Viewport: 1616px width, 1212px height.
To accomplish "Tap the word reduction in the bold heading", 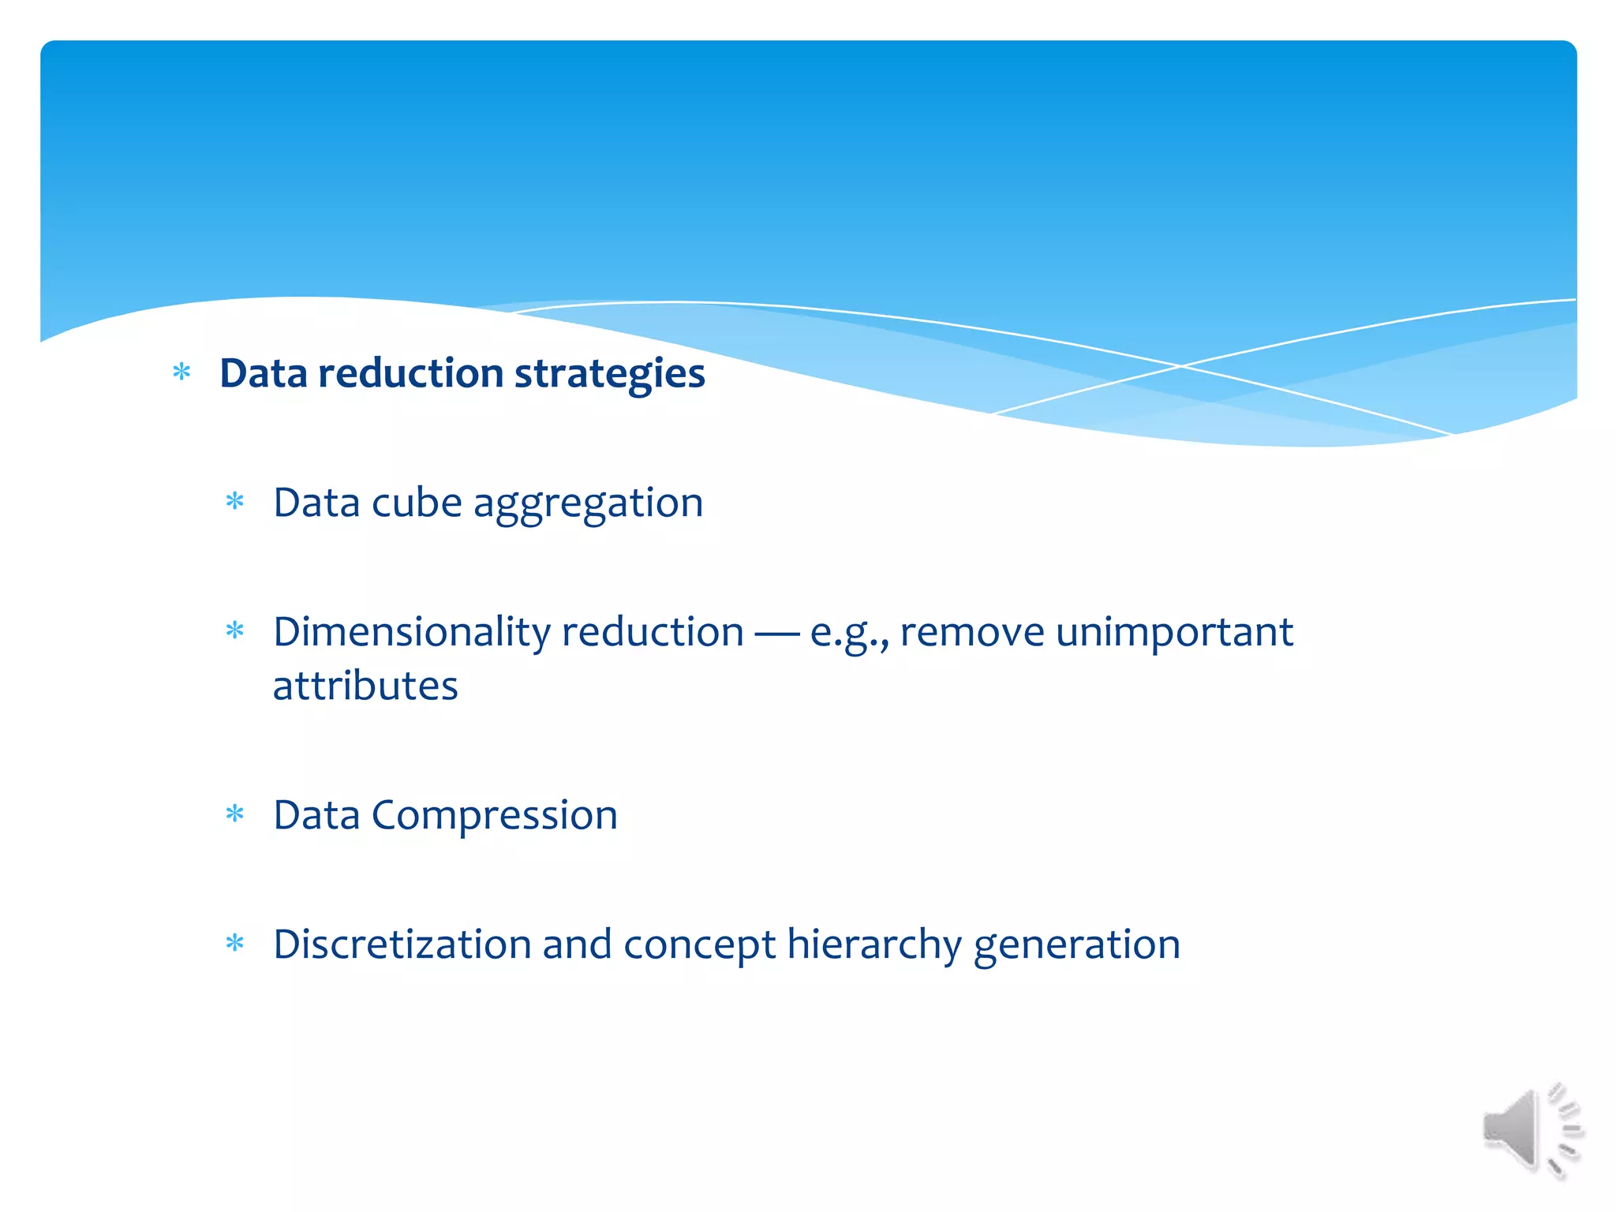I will (x=410, y=374).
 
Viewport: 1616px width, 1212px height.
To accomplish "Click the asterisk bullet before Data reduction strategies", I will (x=182, y=372).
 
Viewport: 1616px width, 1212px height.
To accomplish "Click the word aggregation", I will (x=588, y=504).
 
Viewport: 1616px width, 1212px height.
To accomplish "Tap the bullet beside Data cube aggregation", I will (x=235, y=501).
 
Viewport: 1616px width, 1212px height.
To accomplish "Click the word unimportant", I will (x=1174, y=632).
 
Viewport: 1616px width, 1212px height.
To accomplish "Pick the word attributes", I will (x=365, y=686).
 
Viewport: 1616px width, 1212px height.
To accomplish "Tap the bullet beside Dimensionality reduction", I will (x=235, y=630).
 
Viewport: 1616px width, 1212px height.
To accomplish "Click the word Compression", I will (x=494, y=816).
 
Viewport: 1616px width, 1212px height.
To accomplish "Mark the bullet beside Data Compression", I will (x=235, y=814).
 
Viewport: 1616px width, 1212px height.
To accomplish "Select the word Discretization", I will (x=402, y=945).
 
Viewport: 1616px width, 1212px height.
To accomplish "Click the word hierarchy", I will (x=873, y=946).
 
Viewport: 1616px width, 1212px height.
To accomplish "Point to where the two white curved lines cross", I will (x=1180, y=366).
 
